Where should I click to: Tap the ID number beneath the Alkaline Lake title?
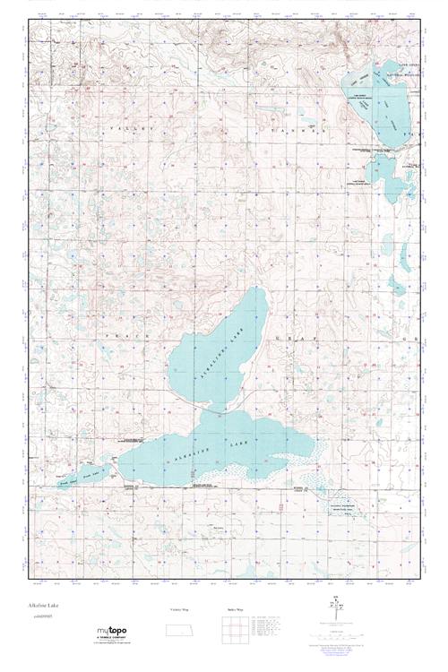(40, 617)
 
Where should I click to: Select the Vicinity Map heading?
(179, 609)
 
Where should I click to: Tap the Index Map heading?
(230, 609)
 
